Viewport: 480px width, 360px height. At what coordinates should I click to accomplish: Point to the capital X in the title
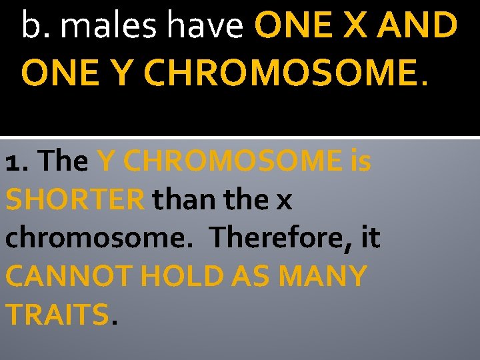coord(357,27)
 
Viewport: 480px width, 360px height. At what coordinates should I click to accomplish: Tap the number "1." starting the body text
coord(17,161)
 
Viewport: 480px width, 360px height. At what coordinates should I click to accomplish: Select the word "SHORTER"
coord(75,199)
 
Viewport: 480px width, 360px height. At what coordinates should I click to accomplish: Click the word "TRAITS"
coord(56,313)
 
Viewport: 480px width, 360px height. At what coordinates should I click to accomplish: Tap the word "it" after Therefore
coord(371,237)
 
